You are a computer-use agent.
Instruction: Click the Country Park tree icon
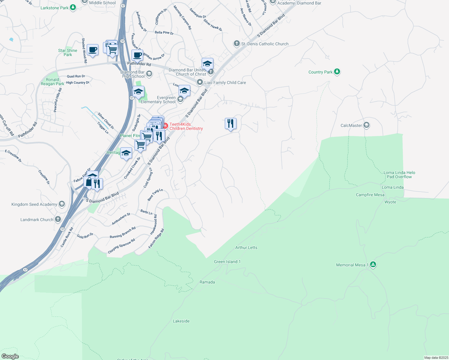coord(337,71)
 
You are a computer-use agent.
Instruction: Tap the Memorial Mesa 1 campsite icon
coord(373,264)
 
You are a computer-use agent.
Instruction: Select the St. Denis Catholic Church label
coord(265,44)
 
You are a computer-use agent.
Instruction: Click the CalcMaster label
coord(351,125)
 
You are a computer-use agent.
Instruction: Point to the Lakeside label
coord(181,321)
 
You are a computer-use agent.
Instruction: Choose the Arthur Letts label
coord(246,247)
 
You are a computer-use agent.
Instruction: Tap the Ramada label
coord(207,282)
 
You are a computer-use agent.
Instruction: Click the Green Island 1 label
coord(227,262)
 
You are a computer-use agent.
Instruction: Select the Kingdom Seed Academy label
coord(34,204)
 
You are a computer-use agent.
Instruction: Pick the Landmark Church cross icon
coord(58,219)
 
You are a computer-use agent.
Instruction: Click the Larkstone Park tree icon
coord(73,7)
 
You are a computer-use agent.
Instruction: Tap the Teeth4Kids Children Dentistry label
coord(186,126)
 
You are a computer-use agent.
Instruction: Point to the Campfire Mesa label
coord(370,195)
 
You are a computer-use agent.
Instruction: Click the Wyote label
coord(390,202)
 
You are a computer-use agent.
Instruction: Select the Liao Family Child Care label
coord(225,82)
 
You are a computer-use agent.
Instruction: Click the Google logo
coord(10,356)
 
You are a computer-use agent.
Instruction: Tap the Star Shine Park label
coord(68,52)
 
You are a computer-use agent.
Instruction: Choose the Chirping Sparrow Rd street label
coord(122,246)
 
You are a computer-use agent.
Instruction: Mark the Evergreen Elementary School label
coord(158,100)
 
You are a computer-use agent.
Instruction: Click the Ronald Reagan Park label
coord(53,82)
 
